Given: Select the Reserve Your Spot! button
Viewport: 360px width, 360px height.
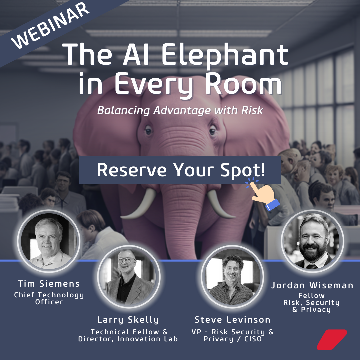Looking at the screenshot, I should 180,170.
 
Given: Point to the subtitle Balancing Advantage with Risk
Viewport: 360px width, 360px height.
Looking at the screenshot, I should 180,110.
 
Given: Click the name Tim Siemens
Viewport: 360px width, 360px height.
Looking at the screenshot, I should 49,284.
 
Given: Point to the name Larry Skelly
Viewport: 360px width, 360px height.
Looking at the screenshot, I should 128,320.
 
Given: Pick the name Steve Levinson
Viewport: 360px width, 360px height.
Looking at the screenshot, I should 232,320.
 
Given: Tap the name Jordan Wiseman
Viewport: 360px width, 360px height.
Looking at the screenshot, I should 312,285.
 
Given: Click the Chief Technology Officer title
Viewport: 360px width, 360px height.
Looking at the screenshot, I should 49,298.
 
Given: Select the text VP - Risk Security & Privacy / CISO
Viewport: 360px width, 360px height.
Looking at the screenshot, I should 232,335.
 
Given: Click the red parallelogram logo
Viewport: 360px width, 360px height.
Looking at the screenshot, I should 331,339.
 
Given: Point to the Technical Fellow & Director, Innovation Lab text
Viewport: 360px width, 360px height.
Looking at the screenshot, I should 128,335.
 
